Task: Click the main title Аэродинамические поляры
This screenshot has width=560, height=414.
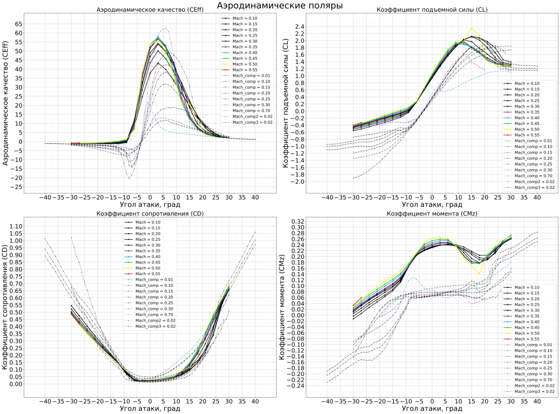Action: pos(279,6)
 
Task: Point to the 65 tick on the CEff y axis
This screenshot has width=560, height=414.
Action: pos(19,24)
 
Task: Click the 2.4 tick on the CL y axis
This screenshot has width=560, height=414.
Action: pos(298,27)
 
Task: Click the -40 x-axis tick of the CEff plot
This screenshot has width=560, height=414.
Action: pos(44,198)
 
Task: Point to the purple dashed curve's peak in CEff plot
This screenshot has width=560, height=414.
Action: pos(165,28)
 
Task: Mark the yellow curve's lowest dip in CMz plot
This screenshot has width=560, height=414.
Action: pos(479,273)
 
